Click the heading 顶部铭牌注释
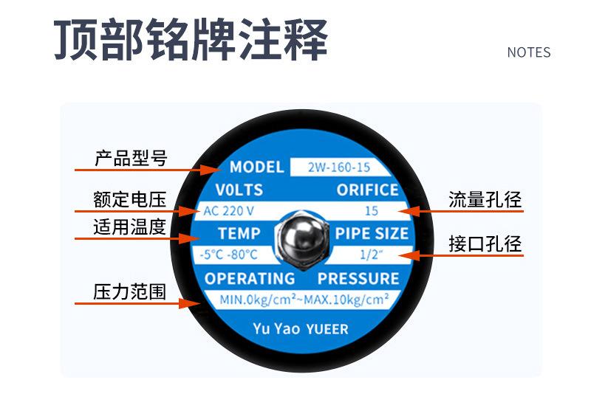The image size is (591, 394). pos(191,41)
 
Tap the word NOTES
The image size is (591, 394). pos(528,52)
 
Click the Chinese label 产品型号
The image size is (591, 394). pos(131,159)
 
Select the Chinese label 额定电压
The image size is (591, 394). pos(130,200)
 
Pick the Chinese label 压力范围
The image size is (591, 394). pos(129,291)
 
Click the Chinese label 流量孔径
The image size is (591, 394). pos(485,200)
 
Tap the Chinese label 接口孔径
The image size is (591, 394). pos(485,244)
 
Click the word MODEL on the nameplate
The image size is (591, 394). pos(256,167)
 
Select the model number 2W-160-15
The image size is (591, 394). pos(339,167)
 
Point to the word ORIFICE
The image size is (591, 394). pos(367,190)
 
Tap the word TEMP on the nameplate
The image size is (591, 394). pos(239,234)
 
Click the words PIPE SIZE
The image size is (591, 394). pos(372,234)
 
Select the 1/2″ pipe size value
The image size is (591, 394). pos(369,255)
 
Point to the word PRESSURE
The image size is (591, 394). pos(358,279)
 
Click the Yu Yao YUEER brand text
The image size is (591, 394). pos(300,328)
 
